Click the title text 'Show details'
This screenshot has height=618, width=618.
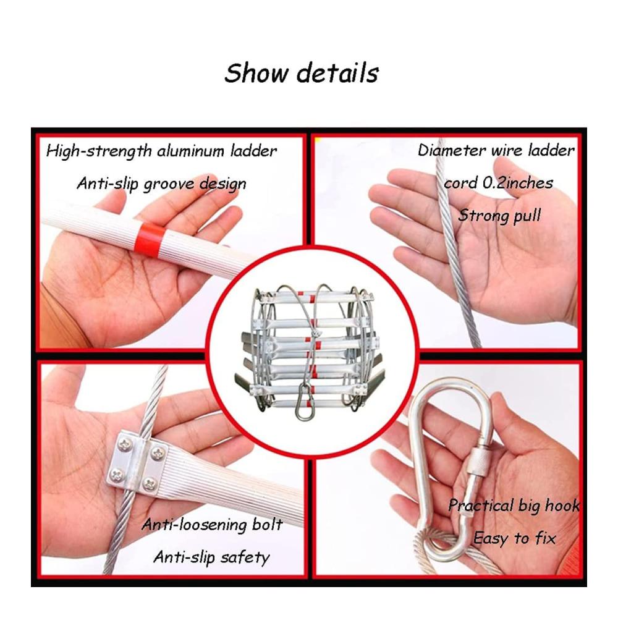point(302,73)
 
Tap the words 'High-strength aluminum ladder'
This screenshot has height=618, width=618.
point(161,151)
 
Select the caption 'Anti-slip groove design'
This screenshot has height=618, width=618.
point(161,184)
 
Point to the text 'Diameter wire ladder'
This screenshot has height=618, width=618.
point(496,151)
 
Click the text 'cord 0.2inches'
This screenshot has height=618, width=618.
point(499,183)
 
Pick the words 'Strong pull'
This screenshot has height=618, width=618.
point(499,216)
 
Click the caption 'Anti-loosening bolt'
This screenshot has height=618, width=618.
point(212,525)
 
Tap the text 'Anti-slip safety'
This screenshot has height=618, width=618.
point(211,557)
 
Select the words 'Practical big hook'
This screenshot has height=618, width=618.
point(514,506)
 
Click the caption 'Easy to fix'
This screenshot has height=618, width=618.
point(514,538)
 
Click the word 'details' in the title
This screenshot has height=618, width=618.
point(338,73)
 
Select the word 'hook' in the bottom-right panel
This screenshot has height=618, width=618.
point(562,506)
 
